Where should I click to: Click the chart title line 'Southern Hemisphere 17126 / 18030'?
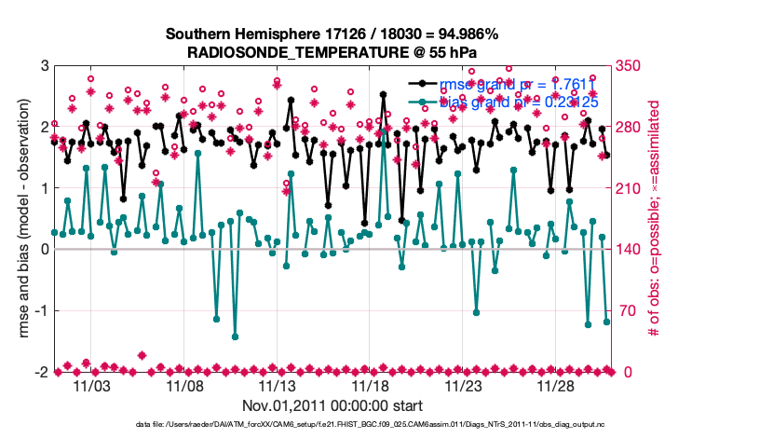(x=332, y=34)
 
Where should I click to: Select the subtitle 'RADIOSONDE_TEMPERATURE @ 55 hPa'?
(x=332, y=52)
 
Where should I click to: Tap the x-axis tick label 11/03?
(x=91, y=385)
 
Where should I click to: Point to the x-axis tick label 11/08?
(x=184, y=385)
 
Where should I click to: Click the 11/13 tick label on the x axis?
(x=278, y=385)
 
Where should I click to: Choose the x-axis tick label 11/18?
(x=371, y=385)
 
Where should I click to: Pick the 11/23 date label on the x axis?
(x=464, y=385)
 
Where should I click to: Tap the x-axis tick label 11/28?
(x=557, y=385)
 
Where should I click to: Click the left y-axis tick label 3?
(x=44, y=66)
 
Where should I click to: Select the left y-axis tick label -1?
(x=41, y=311)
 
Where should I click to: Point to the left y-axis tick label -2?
(x=41, y=372)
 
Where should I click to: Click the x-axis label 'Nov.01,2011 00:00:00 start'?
(x=332, y=405)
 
